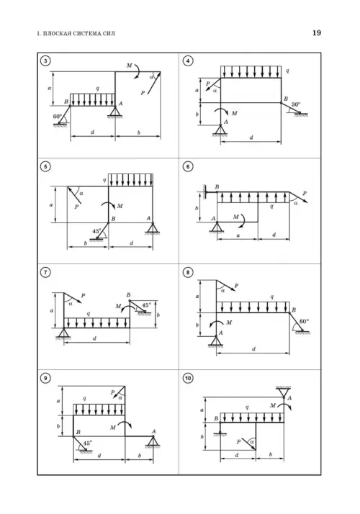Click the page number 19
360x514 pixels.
(x=316, y=33)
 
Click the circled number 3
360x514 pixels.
(x=45, y=60)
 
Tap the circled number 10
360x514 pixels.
(x=188, y=378)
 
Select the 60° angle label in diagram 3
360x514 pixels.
(x=58, y=117)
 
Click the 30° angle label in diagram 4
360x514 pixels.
(x=295, y=104)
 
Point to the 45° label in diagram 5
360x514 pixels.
(x=96, y=231)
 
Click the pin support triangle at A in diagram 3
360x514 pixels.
(x=115, y=112)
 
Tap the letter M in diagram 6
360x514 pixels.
(x=236, y=217)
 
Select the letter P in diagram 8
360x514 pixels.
(x=236, y=286)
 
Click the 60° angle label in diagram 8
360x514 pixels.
(x=305, y=321)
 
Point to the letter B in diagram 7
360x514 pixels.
(x=129, y=295)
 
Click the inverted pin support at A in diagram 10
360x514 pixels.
(x=284, y=392)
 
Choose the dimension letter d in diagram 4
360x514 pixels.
(x=251, y=137)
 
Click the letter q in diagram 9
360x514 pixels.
(x=84, y=399)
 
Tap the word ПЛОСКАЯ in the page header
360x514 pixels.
(x=55, y=33)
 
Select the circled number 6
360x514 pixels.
(x=188, y=166)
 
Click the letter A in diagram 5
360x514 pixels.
(x=148, y=218)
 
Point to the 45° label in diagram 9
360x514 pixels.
(x=88, y=443)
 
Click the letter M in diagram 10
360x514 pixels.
(x=273, y=405)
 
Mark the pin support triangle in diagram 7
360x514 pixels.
(x=64, y=333)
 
